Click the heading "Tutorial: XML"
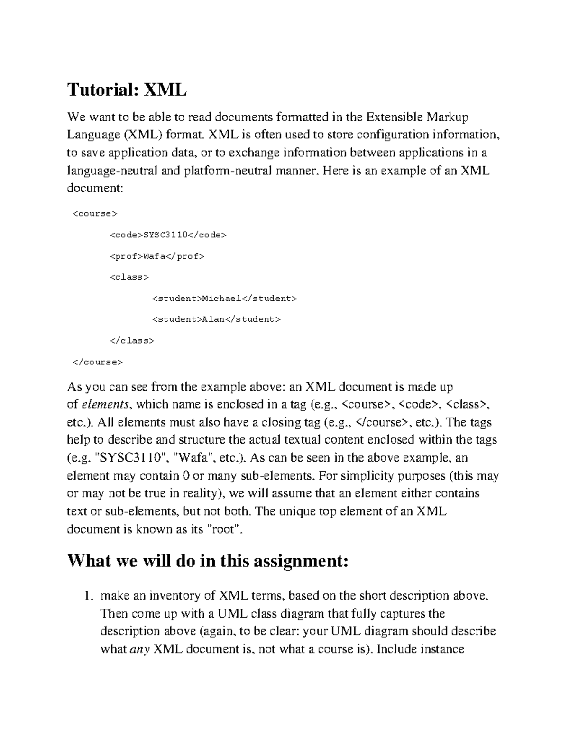[127, 89]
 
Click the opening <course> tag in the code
[94, 214]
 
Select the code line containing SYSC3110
[168, 235]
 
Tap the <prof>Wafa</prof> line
[157, 256]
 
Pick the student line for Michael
[224, 299]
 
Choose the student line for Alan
[217, 319]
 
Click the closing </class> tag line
[132, 341]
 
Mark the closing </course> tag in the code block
[97, 362]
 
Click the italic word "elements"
[105, 405]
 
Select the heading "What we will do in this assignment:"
[208, 561]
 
